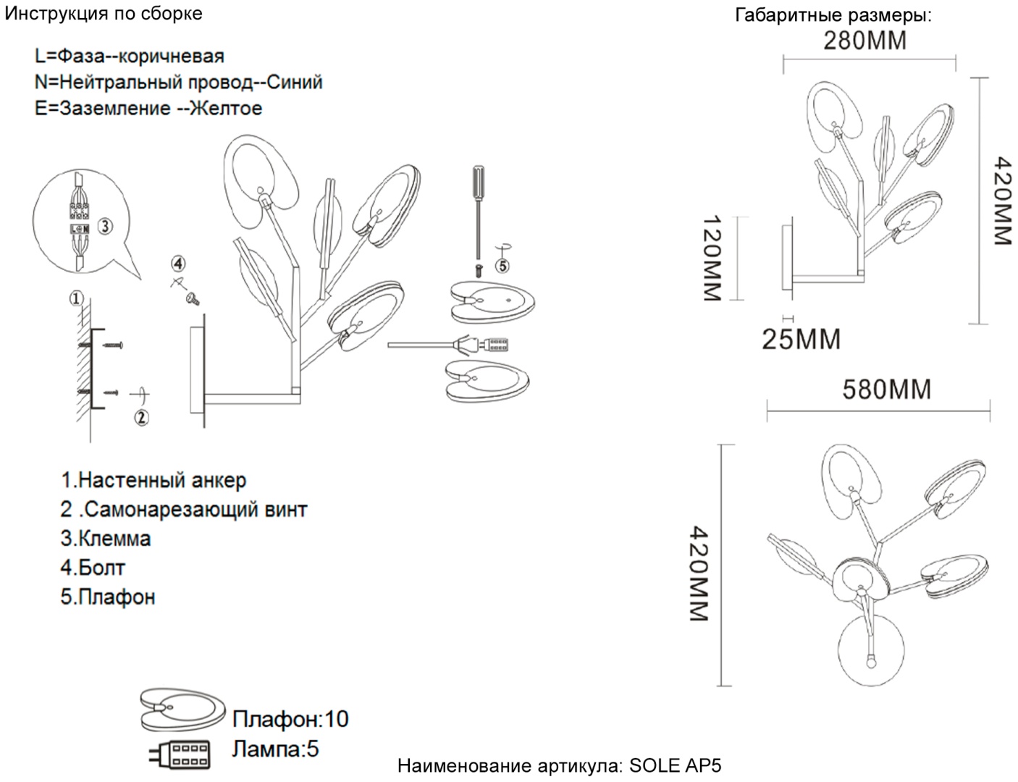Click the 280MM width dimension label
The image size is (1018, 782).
point(865,41)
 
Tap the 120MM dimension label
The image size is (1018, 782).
point(712,258)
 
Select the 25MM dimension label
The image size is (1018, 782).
point(801,339)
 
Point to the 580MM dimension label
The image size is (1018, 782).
point(887,389)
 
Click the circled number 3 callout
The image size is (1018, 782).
point(105,227)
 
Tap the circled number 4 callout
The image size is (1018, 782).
point(178,264)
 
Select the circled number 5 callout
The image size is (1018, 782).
point(502,266)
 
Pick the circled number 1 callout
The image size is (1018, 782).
point(76,298)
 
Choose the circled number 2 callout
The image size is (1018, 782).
point(141,417)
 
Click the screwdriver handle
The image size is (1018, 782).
point(479,182)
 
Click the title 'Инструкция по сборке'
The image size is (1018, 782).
point(104,14)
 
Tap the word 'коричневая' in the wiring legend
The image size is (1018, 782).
point(171,56)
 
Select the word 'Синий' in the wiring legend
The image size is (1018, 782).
point(295,83)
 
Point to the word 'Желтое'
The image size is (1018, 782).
point(227,108)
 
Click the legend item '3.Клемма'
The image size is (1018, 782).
point(106,539)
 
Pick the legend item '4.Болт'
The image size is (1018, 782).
point(93,568)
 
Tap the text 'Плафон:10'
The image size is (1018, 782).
point(290,719)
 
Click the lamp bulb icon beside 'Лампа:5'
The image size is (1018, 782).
point(180,754)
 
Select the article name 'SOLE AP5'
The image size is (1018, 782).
point(675,765)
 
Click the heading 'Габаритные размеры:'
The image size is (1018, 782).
point(833,15)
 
